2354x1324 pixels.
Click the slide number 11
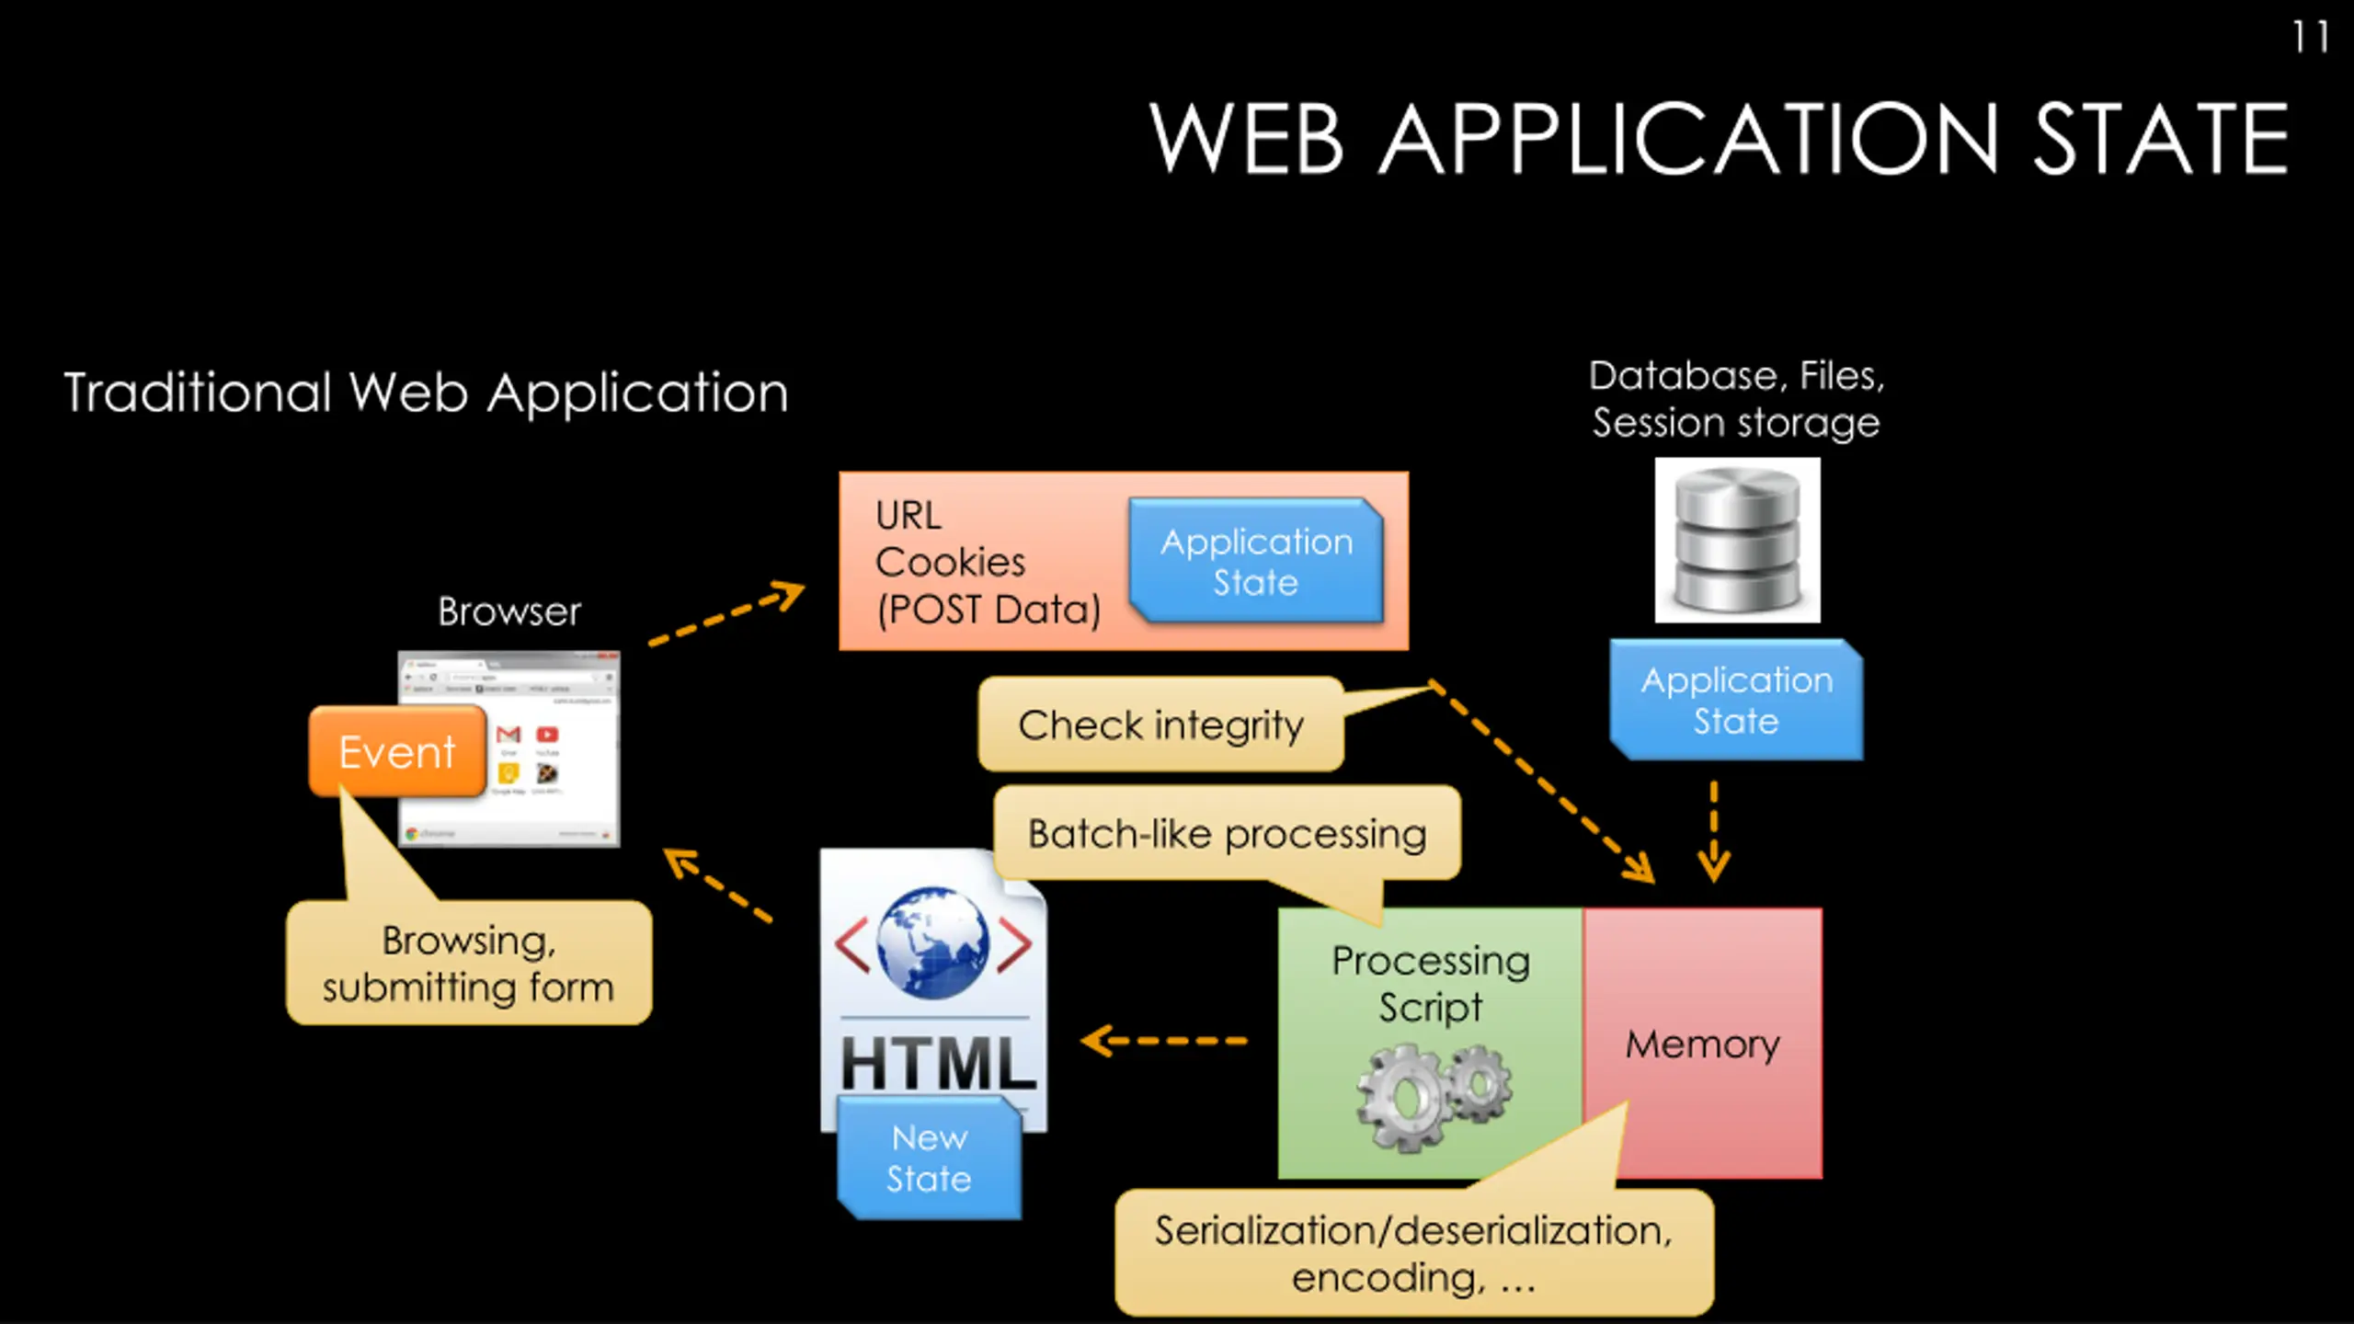tap(2309, 38)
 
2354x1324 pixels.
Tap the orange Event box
tap(397, 751)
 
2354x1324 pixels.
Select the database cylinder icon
tap(1737, 540)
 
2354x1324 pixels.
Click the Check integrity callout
tap(1160, 725)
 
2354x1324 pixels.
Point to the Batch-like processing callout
tap(1227, 833)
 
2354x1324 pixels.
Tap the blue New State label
tap(929, 1158)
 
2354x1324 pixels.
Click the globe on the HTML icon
tap(932, 942)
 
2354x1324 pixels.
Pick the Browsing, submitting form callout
tap(468, 963)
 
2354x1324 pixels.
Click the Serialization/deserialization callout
tap(1413, 1252)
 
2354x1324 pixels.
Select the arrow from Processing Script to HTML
tap(1164, 1041)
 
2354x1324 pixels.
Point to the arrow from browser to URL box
tap(726, 612)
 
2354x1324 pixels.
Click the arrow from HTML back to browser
tap(717, 885)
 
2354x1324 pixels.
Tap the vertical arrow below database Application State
tap(1713, 831)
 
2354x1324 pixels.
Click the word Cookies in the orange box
tap(950, 562)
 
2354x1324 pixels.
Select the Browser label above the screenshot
tap(509, 611)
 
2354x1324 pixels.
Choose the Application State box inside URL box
tap(1256, 561)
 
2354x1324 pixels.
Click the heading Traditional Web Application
tap(426, 393)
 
